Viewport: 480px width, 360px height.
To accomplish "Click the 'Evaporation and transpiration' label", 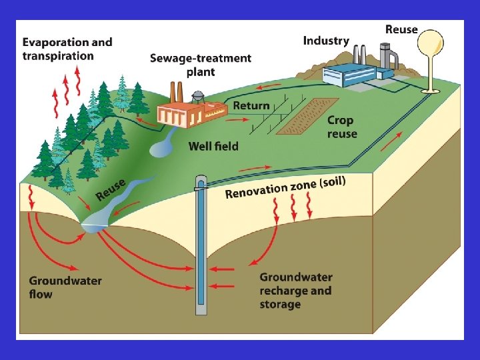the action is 67,49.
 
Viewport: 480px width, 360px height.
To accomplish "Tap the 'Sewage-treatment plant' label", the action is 200,65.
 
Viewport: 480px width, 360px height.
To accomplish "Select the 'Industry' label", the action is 326,41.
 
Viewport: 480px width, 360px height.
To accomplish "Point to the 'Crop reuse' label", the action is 342,127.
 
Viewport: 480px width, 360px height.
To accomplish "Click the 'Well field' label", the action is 213,145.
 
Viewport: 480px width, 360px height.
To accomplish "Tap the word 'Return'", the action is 251,105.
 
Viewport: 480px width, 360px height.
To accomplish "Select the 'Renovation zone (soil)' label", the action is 285,187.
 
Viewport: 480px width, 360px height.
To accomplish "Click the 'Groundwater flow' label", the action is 65,287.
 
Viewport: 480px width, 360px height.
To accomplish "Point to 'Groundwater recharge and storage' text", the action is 295,291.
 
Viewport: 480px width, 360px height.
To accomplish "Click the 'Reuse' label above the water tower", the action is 401,29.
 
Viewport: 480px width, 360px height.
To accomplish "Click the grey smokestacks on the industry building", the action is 359,54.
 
